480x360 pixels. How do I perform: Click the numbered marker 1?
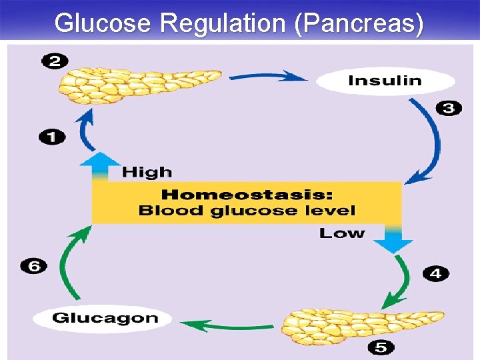(x=52, y=138)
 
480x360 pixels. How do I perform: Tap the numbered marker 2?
(x=55, y=62)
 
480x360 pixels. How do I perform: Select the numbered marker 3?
(x=448, y=108)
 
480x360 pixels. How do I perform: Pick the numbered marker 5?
(x=381, y=347)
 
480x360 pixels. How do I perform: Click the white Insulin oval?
(x=385, y=81)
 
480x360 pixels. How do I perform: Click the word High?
(x=147, y=172)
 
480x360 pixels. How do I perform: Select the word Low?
(x=341, y=233)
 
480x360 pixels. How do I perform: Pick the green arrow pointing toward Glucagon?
(x=227, y=325)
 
